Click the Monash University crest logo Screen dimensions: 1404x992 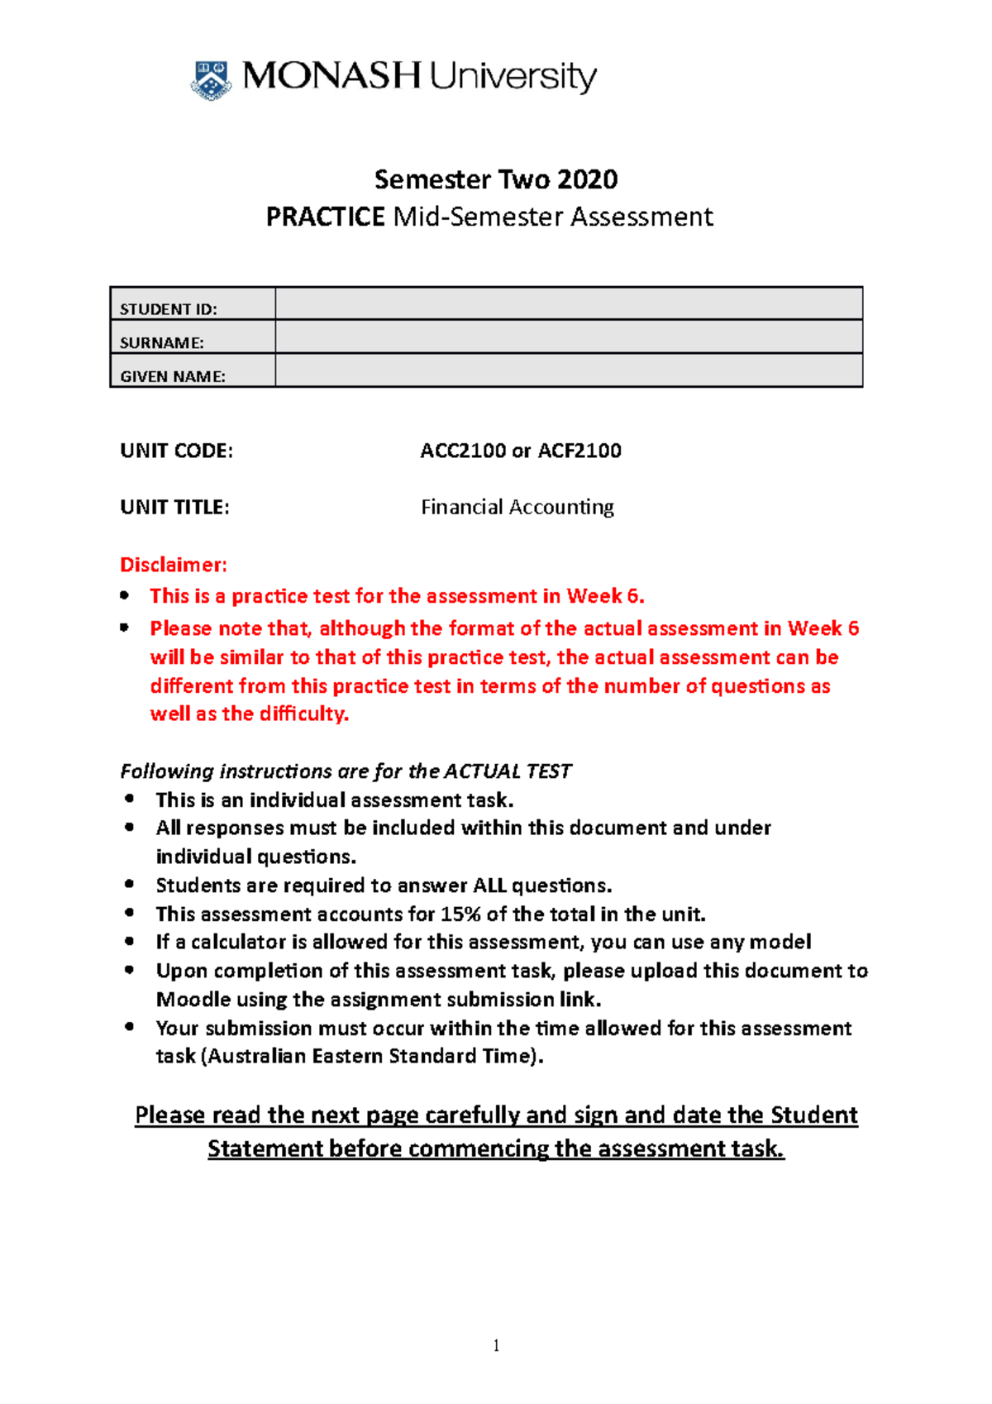coord(211,79)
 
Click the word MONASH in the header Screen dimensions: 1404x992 coord(331,76)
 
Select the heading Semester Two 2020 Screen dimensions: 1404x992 coord(496,179)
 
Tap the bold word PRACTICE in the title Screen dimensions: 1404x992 coord(325,217)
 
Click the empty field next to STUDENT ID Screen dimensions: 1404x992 coord(568,304)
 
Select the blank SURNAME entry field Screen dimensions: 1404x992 coord(568,337)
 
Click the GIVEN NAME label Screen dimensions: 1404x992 coord(172,376)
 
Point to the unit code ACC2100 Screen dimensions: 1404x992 coord(462,451)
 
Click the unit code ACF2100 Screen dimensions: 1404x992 coord(579,451)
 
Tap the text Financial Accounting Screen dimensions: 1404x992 coord(517,507)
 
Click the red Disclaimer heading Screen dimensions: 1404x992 coord(173,565)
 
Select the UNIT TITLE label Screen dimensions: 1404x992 coord(174,507)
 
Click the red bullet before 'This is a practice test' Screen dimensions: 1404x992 coord(125,595)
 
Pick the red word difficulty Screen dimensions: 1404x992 coord(303,714)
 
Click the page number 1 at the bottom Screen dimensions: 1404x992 coord(496,1345)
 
